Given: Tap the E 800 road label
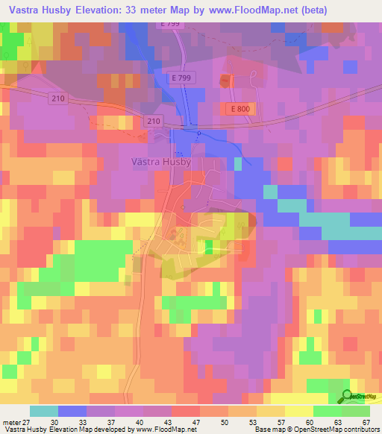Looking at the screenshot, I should coord(238,109).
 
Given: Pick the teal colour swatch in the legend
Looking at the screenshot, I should coord(43,411).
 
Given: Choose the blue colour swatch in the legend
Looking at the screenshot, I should coord(72,411).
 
